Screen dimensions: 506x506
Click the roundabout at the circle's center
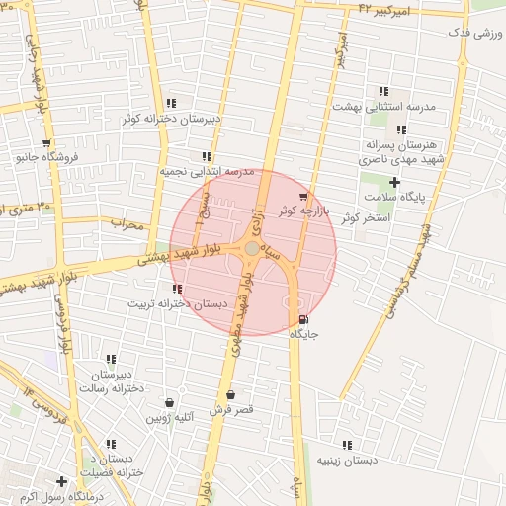pos(253,248)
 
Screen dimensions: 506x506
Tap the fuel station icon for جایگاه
pos(302,319)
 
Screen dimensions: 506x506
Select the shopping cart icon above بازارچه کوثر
pos(301,197)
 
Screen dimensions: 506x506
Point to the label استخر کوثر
pos(366,216)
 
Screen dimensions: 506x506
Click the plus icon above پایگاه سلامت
pos(394,182)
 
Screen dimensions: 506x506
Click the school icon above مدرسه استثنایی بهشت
pos(383,91)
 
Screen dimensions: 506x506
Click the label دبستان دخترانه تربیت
pos(176,303)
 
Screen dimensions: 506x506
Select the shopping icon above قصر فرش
pos(230,394)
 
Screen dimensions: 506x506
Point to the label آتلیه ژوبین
pos(171,417)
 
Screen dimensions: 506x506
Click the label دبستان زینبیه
pos(347,460)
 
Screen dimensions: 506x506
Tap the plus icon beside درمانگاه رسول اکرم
pos(61,481)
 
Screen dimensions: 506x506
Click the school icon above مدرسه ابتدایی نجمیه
pos(207,156)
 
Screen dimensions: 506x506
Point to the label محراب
pos(126,224)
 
